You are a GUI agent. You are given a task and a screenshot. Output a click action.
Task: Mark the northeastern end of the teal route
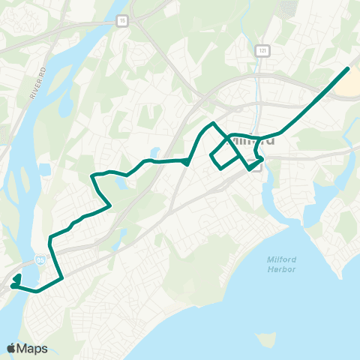click(x=348, y=69)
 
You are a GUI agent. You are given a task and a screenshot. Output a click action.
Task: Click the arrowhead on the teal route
click(x=184, y=161)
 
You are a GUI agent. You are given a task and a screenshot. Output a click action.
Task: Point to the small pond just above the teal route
click(x=154, y=153)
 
